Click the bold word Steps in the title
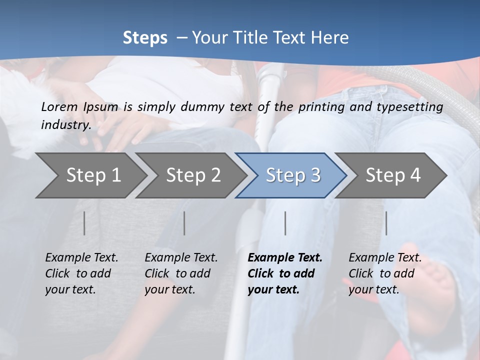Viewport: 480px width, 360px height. (145, 38)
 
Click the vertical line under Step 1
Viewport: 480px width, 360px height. (84, 223)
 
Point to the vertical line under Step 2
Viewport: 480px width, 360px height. (184, 223)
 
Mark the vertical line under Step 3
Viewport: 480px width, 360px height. (285, 223)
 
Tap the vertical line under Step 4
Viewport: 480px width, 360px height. (386, 223)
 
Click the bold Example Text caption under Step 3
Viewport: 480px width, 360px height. (285, 273)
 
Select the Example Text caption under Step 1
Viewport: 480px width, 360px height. (81, 273)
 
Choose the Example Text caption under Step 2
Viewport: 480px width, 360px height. (181, 273)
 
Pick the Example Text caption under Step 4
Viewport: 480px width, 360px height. (385, 273)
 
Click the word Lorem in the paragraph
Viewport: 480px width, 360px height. (59, 106)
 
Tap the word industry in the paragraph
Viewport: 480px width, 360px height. (66, 125)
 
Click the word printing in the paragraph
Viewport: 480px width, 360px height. (319, 107)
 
